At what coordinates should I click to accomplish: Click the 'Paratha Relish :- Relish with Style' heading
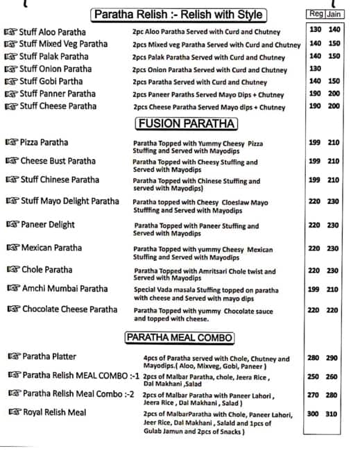[x=178, y=15]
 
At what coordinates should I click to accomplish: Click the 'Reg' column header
[x=315, y=14]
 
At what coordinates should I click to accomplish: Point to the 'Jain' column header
[x=334, y=14]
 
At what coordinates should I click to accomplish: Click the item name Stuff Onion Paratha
[x=55, y=69]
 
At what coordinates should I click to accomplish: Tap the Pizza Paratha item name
[x=44, y=142]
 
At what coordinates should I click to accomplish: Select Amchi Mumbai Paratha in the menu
[x=65, y=289]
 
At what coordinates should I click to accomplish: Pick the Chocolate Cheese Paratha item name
[x=69, y=309]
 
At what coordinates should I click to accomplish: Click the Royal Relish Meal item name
[x=54, y=412]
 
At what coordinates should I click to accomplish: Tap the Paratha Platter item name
[x=49, y=357]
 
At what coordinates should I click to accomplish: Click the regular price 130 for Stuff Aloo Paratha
[x=315, y=30]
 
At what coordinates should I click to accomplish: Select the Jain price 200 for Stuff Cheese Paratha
[x=334, y=106]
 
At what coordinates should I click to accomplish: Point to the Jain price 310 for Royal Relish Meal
[x=334, y=414]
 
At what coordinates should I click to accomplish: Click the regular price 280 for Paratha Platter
[x=314, y=358]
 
